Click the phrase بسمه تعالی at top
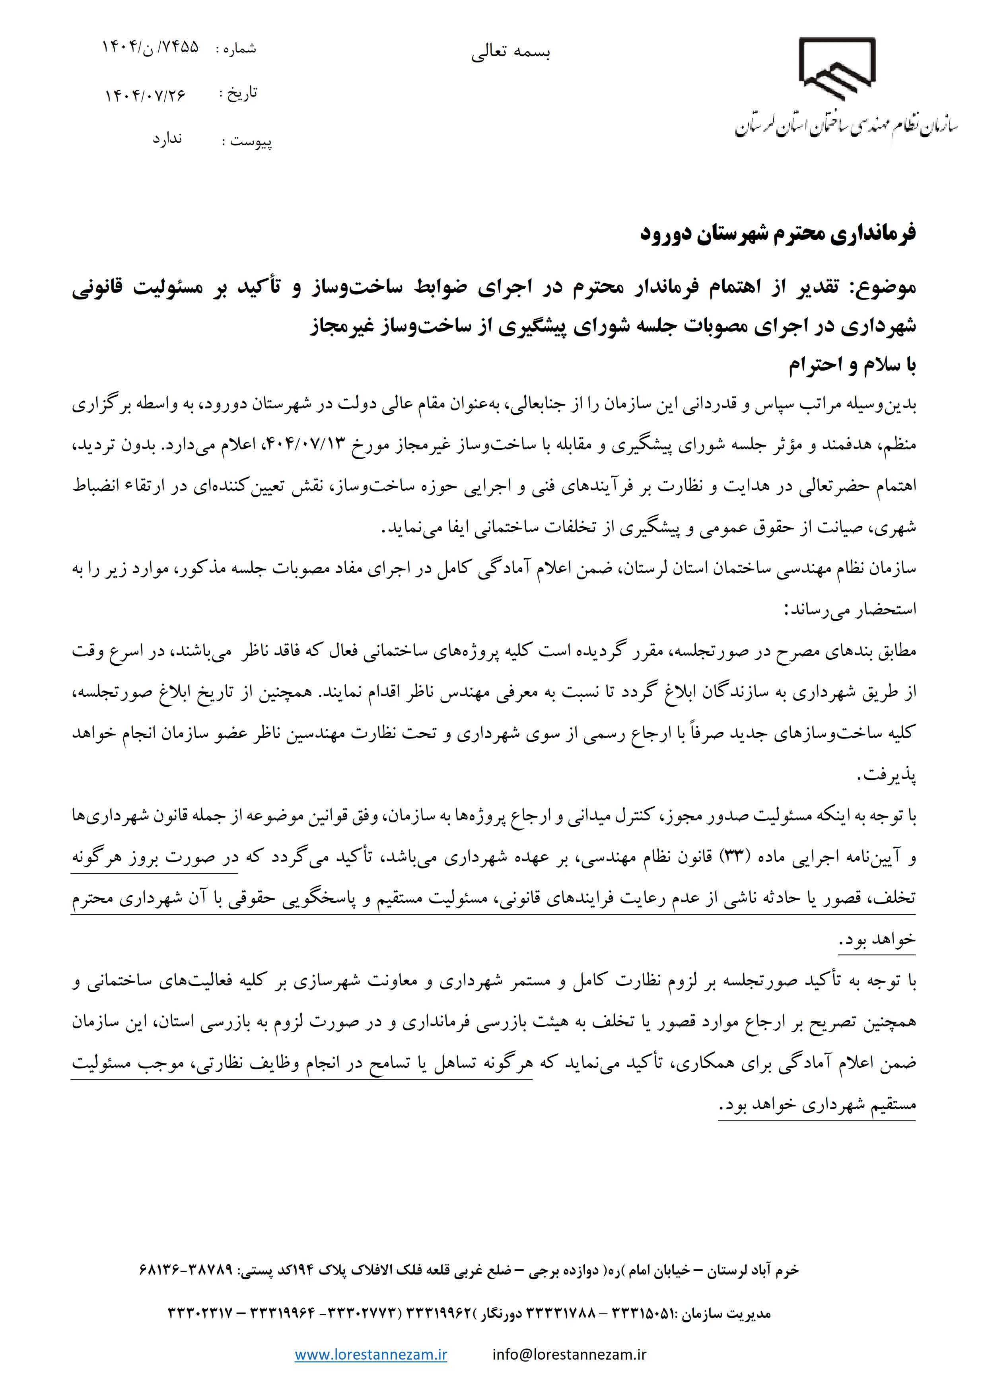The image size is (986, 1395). [x=510, y=53]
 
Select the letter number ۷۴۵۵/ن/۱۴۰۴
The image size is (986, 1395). [x=151, y=47]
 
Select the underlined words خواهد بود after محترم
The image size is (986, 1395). [x=877, y=940]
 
